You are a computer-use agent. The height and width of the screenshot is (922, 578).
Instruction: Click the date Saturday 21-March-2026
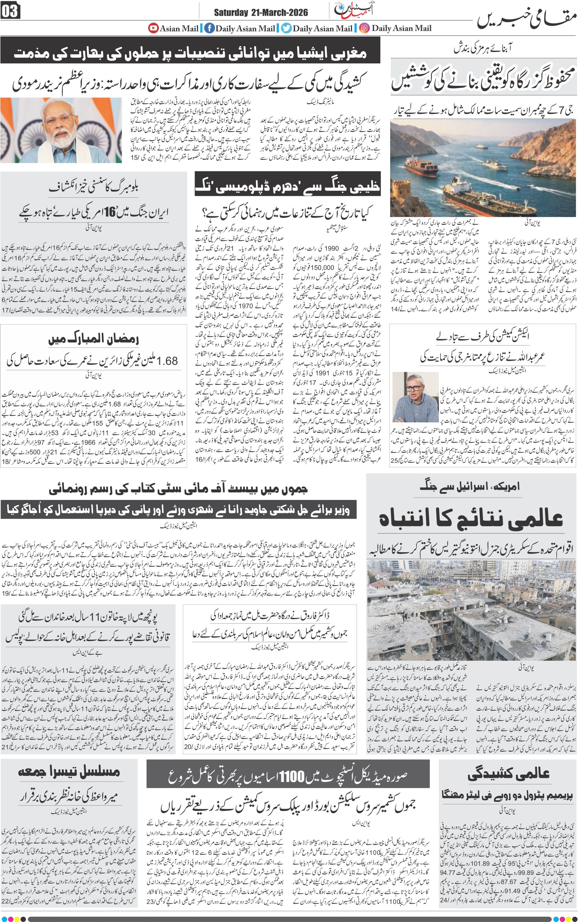[261, 13]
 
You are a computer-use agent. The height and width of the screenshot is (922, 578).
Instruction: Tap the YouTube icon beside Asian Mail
[154, 28]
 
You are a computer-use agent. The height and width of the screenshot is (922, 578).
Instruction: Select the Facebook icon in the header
[209, 28]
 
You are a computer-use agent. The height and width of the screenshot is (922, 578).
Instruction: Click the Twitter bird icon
[286, 28]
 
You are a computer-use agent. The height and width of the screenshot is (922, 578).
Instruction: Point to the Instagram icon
[364, 28]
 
